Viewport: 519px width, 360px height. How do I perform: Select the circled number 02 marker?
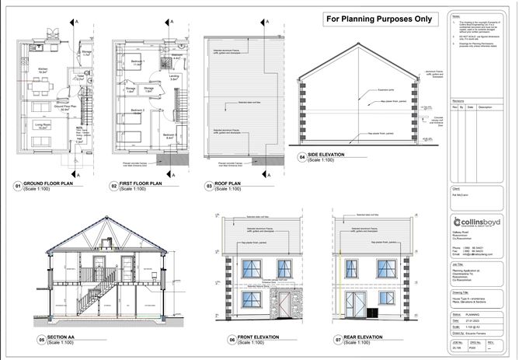point(113,187)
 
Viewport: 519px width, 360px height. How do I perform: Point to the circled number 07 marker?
point(336,340)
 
